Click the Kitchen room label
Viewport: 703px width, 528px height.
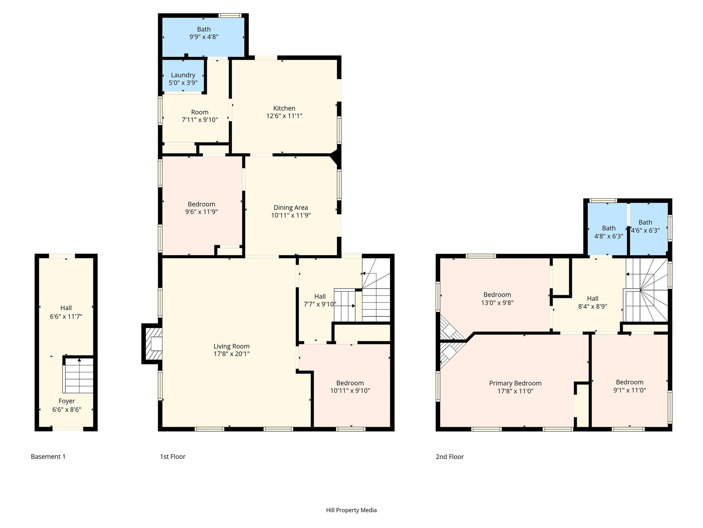pos(284,108)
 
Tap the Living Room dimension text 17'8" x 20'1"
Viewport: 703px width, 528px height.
pos(231,354)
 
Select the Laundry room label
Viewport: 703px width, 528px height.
pos(183,75)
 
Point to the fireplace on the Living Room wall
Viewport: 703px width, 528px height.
pos(152,344)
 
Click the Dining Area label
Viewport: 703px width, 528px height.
pos(291,208)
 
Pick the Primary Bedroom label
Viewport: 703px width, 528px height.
pos(515,383)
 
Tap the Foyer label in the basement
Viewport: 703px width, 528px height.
pos(67,401)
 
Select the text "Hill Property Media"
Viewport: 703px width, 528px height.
pos(351,510)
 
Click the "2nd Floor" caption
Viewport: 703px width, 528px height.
pos(450,456)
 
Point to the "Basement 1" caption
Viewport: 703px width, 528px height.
pos(48,456)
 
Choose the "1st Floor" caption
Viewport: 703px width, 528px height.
pos(172,456)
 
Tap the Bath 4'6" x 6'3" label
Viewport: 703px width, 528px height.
pos(645,226)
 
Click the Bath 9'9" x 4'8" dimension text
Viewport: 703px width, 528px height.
pos(204,37)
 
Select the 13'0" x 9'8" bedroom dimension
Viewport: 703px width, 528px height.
pos(497,303)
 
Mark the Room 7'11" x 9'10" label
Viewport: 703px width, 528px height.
pos(200,116)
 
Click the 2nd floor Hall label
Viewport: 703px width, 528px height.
pos(593,298)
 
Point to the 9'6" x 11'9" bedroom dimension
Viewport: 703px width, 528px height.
pos(201,212)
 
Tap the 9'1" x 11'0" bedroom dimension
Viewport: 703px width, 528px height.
pos(629,390)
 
